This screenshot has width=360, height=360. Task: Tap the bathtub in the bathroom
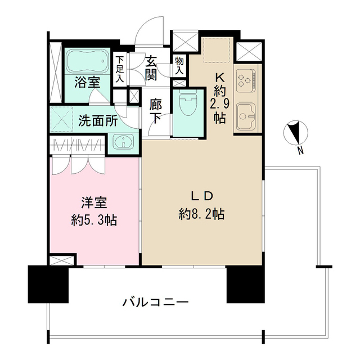point(87,60)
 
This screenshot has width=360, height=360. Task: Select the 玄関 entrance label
point(152,67)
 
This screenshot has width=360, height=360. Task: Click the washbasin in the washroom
point(123,141)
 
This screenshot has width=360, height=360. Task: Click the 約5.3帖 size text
point(94,220)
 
